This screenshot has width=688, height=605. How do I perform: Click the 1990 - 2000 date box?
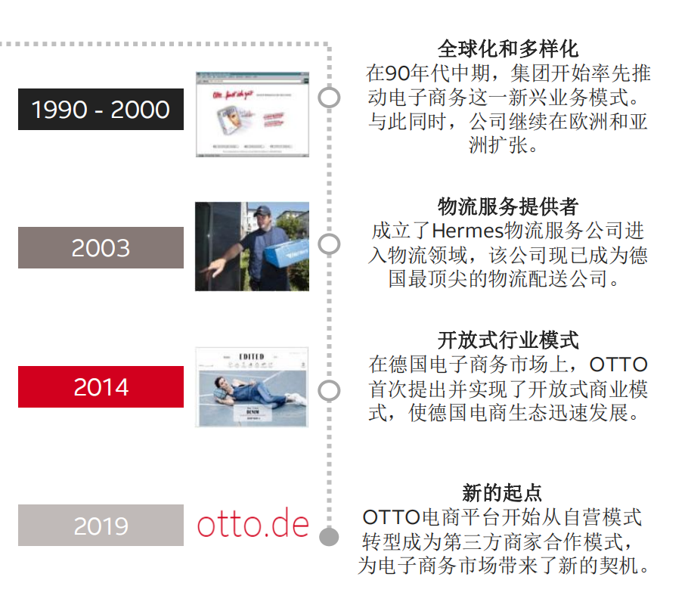pos(101,110)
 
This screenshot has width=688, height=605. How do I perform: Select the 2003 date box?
pos(101,248)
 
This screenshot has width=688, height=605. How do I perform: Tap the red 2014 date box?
pos(101,387)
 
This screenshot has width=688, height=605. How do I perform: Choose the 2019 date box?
pos(101,526)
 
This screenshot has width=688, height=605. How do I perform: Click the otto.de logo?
pos(253,524)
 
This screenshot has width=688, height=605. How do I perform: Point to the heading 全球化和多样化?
pos(508,49)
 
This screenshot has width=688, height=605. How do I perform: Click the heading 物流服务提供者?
pos(508,206)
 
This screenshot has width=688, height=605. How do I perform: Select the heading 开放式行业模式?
pos(508,340)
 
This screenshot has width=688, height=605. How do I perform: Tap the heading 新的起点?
pos(502,494)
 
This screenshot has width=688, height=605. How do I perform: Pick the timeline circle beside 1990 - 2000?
pos(329,98)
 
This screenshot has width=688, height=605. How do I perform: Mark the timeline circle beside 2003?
pos(329,244)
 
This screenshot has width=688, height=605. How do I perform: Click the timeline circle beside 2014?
pos(329,390)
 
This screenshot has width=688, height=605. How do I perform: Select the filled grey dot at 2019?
pos(329,537)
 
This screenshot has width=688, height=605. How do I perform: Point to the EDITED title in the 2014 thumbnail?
pos(251,356)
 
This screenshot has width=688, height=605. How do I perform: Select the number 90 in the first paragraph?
pos(398,74)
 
